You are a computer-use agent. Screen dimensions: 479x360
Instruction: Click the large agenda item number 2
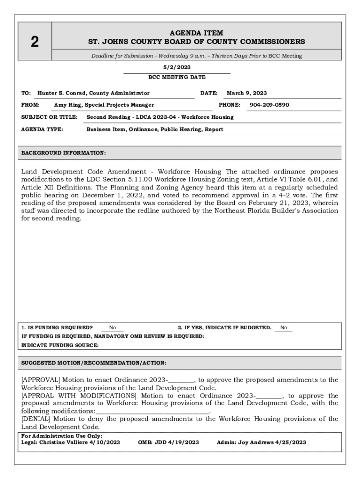pos(35,42)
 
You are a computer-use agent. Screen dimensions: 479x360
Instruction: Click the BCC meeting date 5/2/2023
pos(177,67)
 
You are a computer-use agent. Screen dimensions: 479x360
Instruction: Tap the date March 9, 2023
pos(247,93)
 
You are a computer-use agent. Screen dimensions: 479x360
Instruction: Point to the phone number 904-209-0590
pos(269,105)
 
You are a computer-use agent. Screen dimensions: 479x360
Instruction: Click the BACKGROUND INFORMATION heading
pos(64,153)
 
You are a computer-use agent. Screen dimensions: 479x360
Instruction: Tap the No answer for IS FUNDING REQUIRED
pos(113,328)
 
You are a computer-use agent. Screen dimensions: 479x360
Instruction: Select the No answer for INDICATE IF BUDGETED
pos(284,328)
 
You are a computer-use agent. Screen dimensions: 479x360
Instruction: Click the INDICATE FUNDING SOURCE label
pos(60,345)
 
